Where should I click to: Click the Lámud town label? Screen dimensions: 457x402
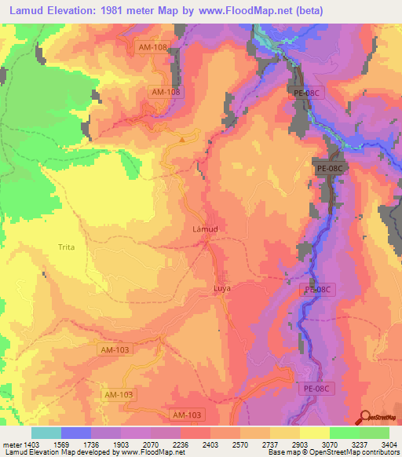pos(205,230)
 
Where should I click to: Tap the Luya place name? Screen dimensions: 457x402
pos(222,289)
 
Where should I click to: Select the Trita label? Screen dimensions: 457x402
pos(67,247)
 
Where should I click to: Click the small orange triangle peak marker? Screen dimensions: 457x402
pos(183,140)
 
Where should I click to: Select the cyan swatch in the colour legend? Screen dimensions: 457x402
pos(46,433)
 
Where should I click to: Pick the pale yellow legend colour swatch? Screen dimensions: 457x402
pos(314,433)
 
